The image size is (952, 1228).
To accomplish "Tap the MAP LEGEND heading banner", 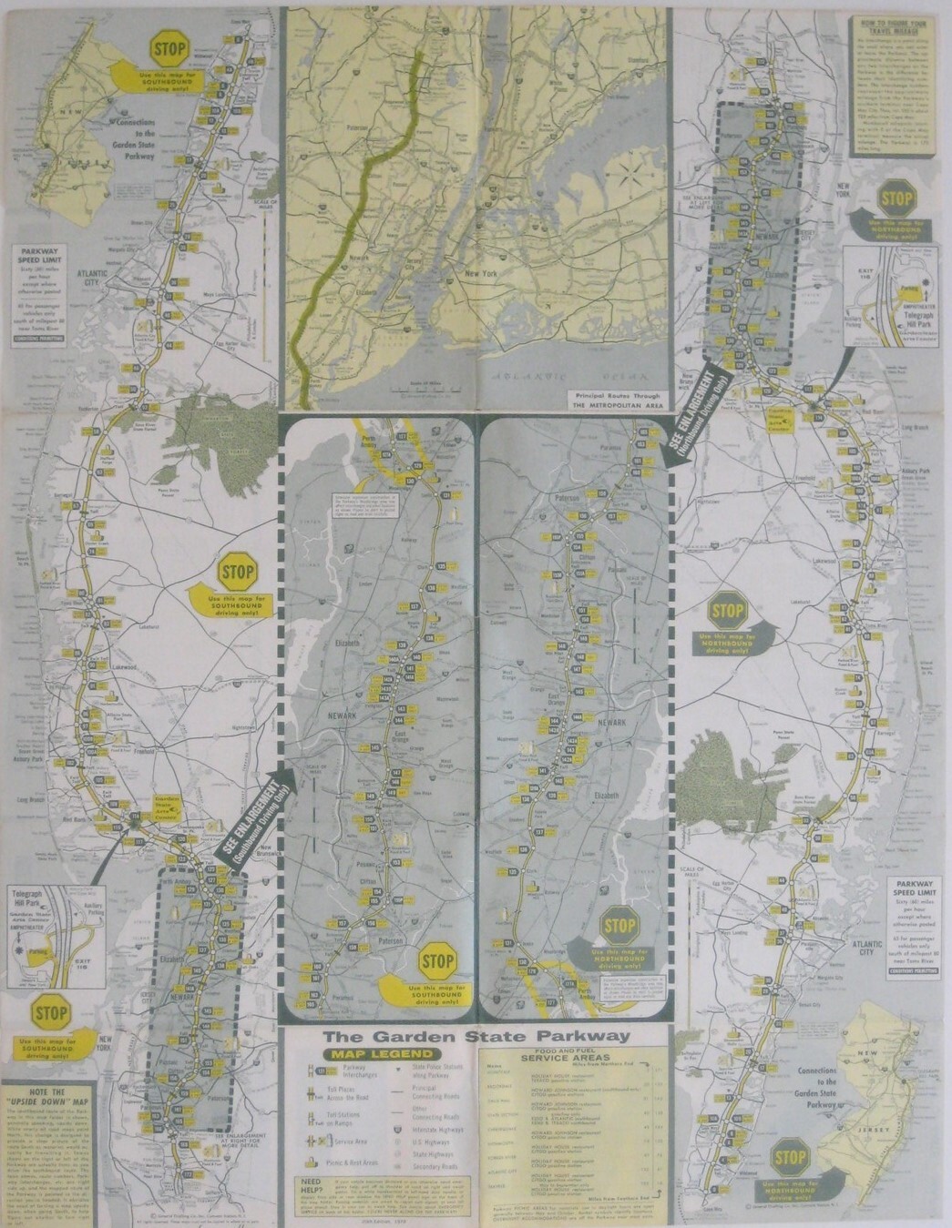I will [x=368, y=1055].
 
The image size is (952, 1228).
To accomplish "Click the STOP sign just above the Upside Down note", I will [x=50, y=1012].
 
